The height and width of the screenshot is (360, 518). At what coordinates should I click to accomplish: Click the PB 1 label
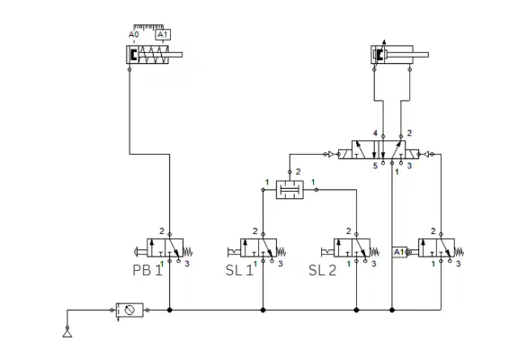click(147, 270)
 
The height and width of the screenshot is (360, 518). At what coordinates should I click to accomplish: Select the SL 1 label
click(239, 270)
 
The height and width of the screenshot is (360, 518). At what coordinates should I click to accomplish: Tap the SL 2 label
click(323, 270)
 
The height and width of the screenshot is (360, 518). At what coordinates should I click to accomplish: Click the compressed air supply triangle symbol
click(67, 334)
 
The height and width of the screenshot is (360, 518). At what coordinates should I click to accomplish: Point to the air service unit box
click(129, 310)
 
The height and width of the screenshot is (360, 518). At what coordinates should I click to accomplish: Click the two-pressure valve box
click(290, 190)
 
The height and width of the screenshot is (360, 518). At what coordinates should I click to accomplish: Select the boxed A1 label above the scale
click(163, 35)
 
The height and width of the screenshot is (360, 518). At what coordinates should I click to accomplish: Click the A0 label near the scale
click(134, 34)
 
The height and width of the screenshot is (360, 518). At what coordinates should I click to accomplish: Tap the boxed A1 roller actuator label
click(399, 252)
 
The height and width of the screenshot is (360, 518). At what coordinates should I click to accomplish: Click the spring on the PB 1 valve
click(188, 252)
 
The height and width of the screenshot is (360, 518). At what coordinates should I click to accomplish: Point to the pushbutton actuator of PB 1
click(140, 252)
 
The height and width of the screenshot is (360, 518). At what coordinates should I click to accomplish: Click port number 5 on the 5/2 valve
click(375, 166)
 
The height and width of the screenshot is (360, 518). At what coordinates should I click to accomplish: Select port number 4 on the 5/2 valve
click(375, 133)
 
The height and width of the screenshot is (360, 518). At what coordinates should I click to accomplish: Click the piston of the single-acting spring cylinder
click(133, 55)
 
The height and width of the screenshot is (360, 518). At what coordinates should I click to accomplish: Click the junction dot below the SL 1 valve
click(263, 310)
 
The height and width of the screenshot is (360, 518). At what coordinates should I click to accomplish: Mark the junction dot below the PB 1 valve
click(170, 310)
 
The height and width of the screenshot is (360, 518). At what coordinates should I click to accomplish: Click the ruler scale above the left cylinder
click(148, 27)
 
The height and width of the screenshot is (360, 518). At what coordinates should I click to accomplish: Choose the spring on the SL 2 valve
click(375, 252)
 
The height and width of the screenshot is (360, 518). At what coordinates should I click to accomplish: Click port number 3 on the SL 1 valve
click(281, 264)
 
